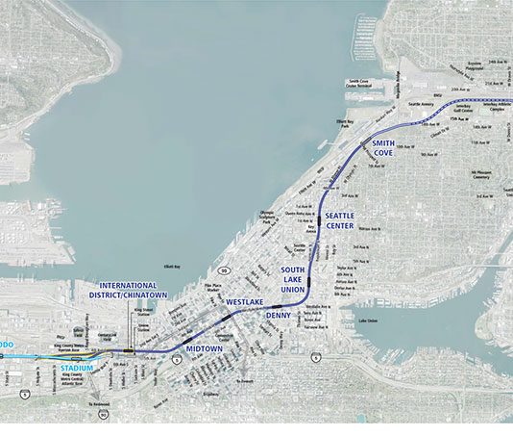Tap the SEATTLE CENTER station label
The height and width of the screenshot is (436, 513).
[x=341, y=220]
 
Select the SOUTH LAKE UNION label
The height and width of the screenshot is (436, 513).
[x=292, y=279]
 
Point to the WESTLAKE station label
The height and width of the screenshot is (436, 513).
[x=244, y=301]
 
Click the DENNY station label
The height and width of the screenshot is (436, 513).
[x=278, y=315]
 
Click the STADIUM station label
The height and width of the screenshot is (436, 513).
[x=78, y=367]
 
